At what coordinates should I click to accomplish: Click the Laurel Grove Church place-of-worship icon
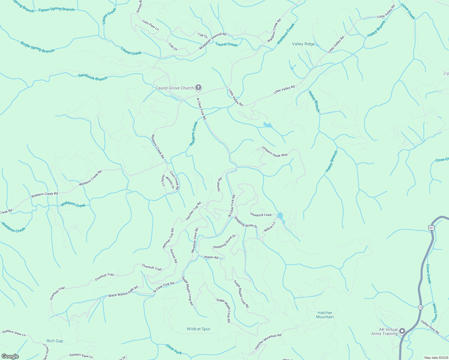pos(198,88)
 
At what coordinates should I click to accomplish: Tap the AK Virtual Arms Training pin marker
pos(402,331)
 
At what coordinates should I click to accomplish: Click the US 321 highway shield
pos(431,228)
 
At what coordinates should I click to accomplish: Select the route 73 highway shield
pos(421,307)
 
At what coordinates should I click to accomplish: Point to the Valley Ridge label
pos(303,44)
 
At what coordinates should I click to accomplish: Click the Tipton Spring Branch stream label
pos(56,10)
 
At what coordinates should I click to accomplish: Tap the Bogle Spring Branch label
pos(38,47)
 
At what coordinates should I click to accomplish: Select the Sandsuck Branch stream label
pos(93,77)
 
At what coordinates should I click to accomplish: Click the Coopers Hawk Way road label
pos(274,151)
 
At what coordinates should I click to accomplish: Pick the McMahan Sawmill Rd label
pos(213,41)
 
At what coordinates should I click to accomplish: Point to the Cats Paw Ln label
pos(150,25)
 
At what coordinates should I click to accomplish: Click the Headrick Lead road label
pos(261,215)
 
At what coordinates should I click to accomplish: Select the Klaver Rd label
pos(211,257)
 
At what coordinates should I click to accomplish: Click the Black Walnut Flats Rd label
pos(123,292)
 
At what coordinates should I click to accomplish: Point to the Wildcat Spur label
pos(198,329)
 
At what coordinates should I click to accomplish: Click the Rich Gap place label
pos(55,341)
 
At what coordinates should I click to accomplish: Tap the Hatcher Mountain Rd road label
pos(268,342)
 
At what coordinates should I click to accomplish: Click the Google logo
pos(10,356)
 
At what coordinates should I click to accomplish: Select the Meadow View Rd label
pos(195,240)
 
